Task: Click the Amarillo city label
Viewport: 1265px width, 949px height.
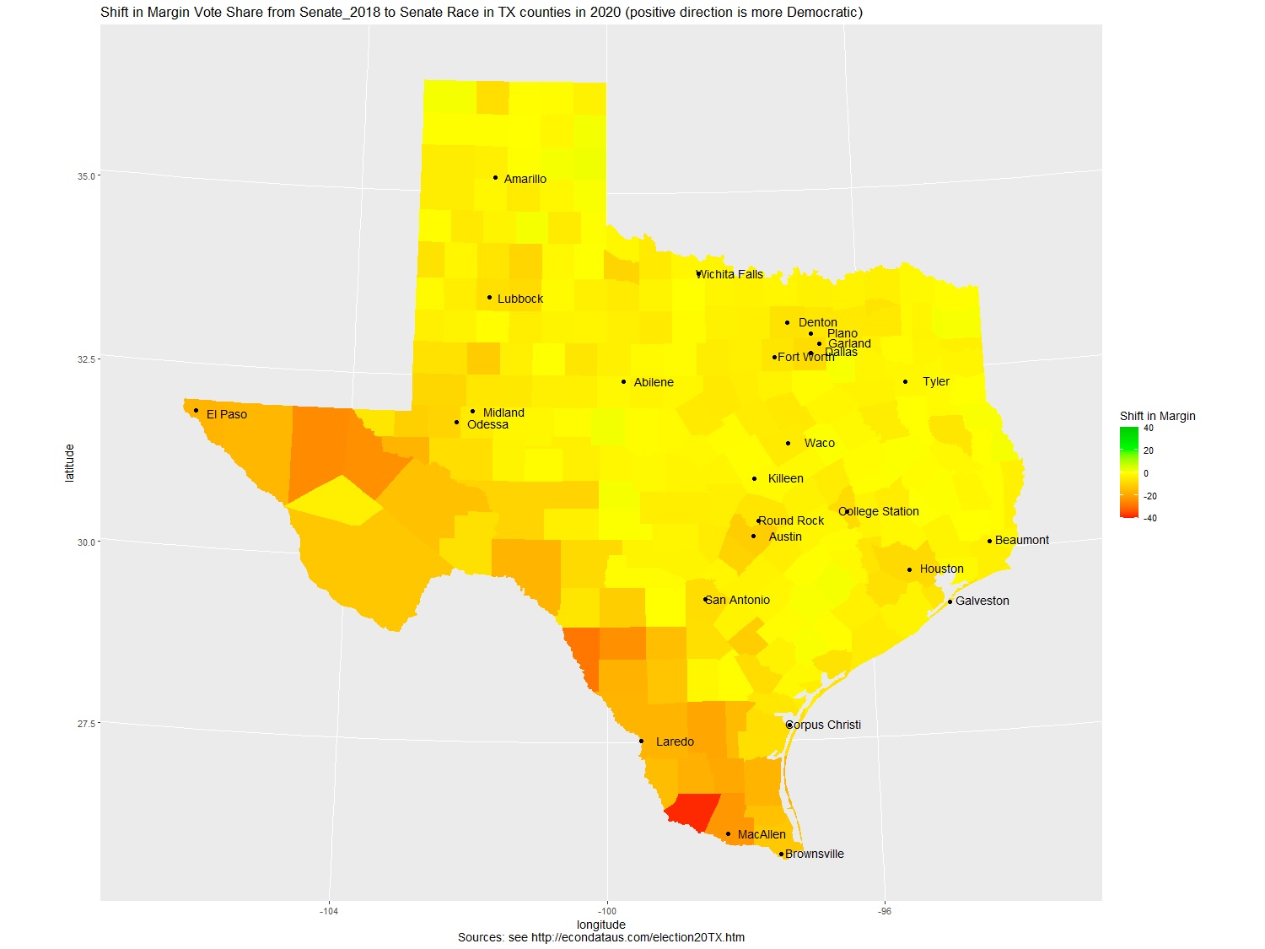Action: [525, 179]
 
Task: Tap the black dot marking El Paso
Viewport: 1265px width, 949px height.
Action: [196, 411]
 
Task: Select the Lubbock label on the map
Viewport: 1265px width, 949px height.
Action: [520, 299]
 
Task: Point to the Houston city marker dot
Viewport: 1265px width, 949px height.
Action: [909, 570]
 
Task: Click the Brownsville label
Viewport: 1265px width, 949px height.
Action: [814, 854]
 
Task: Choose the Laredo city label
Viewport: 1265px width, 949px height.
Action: [675, 741]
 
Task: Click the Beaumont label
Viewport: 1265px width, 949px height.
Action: [1021, 540]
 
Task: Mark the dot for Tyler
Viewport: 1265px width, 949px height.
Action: [906, 382]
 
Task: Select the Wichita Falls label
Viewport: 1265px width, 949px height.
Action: [730, 274]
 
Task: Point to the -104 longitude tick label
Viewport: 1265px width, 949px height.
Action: [329, 911]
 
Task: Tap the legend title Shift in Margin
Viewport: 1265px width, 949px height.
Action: [1157, 416]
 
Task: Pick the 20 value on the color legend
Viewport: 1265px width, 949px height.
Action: [1149, 450]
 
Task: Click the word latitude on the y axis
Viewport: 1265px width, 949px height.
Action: [70, 463]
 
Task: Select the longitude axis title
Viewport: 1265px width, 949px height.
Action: [600, 925]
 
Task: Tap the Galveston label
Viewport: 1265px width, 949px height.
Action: [982, 601]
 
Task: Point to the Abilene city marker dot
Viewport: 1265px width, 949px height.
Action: [624, 382]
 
